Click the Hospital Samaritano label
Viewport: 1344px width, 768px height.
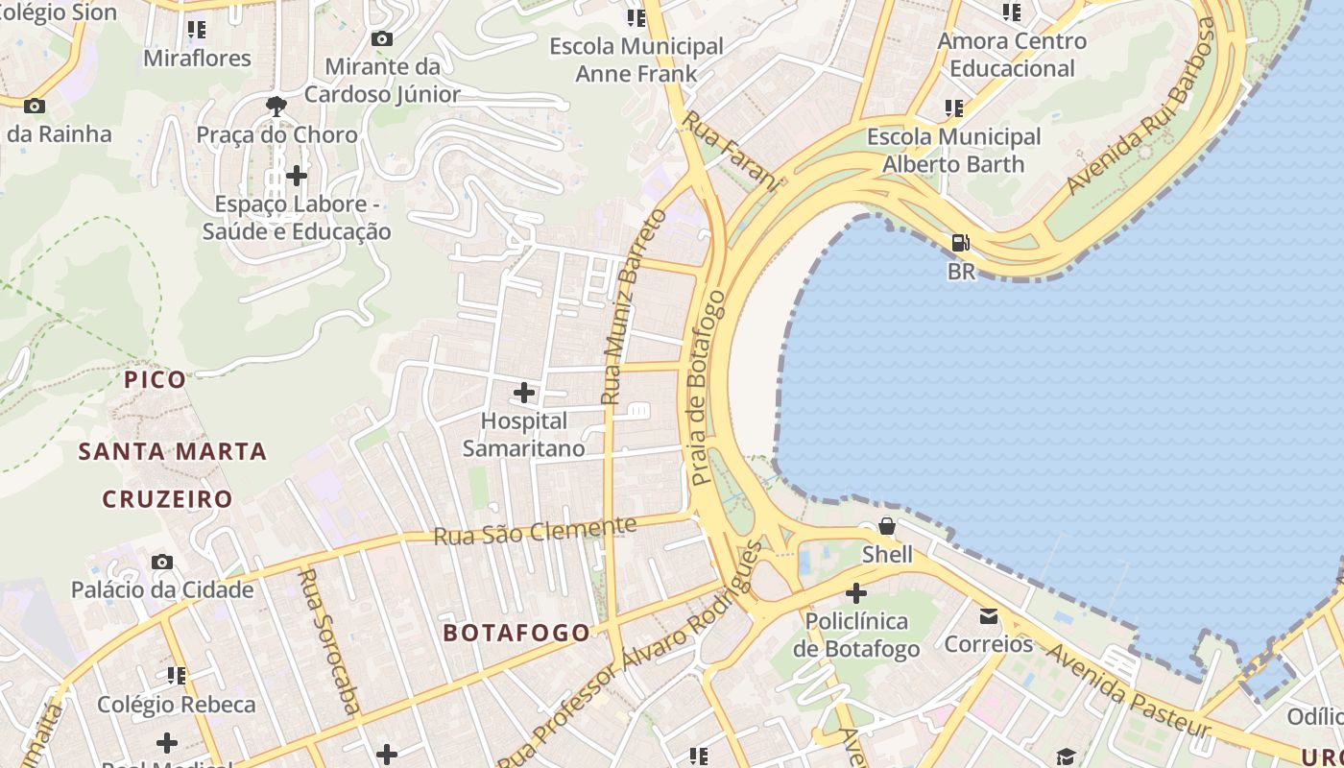[x=524, y=435]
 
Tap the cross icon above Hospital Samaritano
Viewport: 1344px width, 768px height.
[x=524, y=393]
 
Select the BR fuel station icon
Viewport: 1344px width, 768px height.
[x=960, y=243]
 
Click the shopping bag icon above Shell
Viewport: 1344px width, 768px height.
[x=887, y=526]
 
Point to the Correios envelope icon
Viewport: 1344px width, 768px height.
[x=989, y=615]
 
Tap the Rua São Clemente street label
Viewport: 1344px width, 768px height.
[x=535, y=531]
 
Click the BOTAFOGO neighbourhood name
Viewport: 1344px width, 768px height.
[x=516, y=633]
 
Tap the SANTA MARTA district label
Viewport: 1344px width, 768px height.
[x=173, y=451]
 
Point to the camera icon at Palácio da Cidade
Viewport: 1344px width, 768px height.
[x=162, y=562]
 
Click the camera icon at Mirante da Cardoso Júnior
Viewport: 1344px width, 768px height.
[x=382, y=39]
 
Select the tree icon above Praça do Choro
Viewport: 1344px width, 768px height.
[x=277, y=106]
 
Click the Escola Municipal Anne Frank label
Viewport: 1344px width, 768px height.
[x=636, y=60]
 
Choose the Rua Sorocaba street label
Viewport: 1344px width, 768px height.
[x=329, y=641]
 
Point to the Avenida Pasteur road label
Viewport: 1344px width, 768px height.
[x=1128, y=691]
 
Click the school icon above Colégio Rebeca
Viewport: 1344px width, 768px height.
[x=177, y=676]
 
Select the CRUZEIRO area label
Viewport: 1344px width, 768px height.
[x=168, y=499]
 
